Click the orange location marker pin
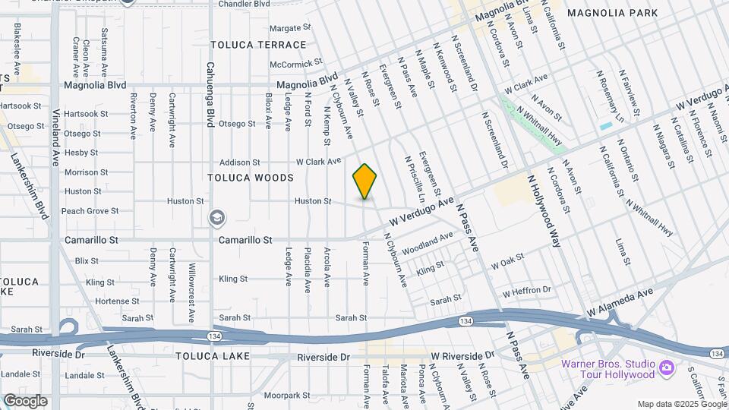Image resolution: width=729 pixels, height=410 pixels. [364, 181]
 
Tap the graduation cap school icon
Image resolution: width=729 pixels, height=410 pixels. [216, 219]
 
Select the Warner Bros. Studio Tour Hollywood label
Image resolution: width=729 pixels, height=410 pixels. [607, 368]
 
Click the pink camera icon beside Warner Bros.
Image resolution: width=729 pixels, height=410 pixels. [667, 368]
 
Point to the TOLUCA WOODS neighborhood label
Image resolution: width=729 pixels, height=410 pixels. [251, 178]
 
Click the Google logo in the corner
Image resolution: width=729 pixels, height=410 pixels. [25, 400]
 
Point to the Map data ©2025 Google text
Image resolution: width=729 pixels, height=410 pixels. [681, 404]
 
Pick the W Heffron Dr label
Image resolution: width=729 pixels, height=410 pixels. [525, 291]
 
